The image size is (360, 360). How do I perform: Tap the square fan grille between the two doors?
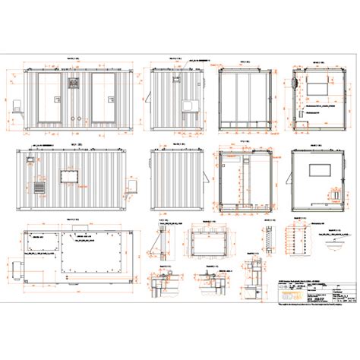pyautogui.click(x=75, y=81)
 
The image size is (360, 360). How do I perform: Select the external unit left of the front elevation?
pyautogui.click(x=18, y=107)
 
